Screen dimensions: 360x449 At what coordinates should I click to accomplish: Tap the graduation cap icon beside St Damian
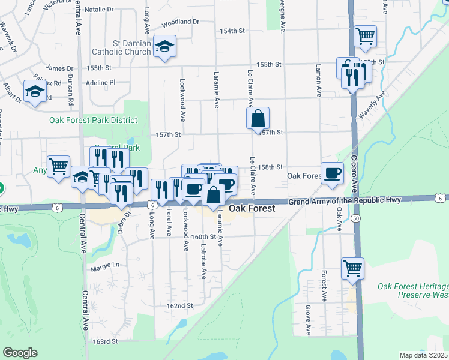click(x=163, y=47)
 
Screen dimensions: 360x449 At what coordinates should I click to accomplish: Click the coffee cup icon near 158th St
click(x=332, y=173)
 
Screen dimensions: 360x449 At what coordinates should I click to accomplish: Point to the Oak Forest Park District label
click(x=93, y=120)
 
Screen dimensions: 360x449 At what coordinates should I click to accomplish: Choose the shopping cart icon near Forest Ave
click(x=352, y=268)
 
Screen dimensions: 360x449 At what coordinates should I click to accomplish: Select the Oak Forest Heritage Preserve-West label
click(x=412, y=290)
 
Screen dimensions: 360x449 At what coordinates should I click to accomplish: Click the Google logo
click(x=20, y=352)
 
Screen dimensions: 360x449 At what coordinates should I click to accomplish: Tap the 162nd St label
click(x=179, y=305)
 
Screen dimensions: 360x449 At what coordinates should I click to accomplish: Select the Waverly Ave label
click(x=372, y=107)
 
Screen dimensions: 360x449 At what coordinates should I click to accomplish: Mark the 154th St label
click(x=232, y=30)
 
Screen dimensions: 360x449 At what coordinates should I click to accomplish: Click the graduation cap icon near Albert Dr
click(x=35, y=91)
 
